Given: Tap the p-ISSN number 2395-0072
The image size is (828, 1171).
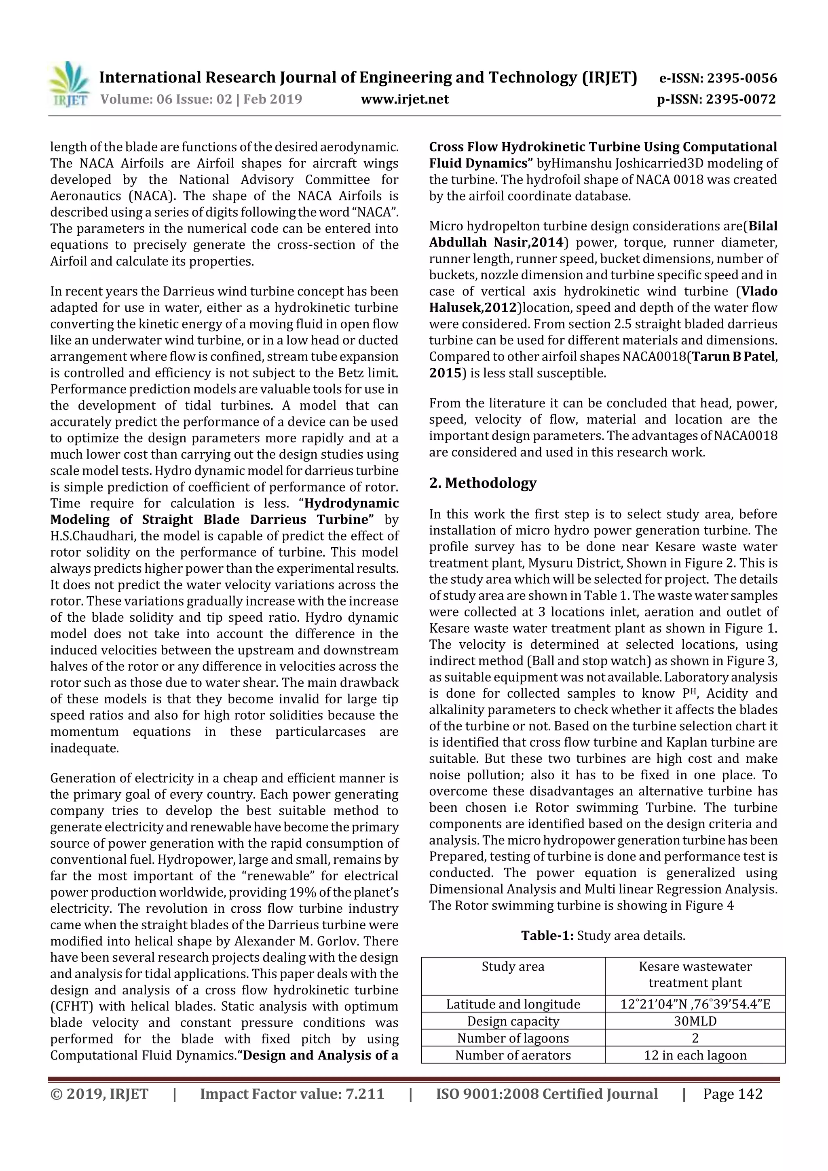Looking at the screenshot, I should pyautogui.click(x=716, y=99).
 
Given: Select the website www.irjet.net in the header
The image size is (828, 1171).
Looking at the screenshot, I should pyautogui.click(x=405, y=99).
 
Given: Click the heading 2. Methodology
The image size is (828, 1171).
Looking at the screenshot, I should pyautogui.click(x=483, y=483).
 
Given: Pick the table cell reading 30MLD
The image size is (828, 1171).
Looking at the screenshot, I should pyautogui.click(x=695, y=1021).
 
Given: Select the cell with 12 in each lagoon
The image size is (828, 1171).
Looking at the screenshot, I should pyautogui.click(x=695, y=1055).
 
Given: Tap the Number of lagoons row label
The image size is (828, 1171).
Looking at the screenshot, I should pyautogui.click(x=513, y=1038).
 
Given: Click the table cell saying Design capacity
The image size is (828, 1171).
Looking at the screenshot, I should pyautogui.click(x=513, y=1021).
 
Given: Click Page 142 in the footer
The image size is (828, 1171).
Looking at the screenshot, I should pyautogui.click(x=733, y=1094).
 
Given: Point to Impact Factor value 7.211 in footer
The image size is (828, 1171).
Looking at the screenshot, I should pyautogui.click(x=292, y=1094).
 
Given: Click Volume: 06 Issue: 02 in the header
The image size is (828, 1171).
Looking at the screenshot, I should pyautogui.click(x=166, y=99).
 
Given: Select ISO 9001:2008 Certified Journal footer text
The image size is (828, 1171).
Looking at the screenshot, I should pyautogui.click(x=547, y=1094).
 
